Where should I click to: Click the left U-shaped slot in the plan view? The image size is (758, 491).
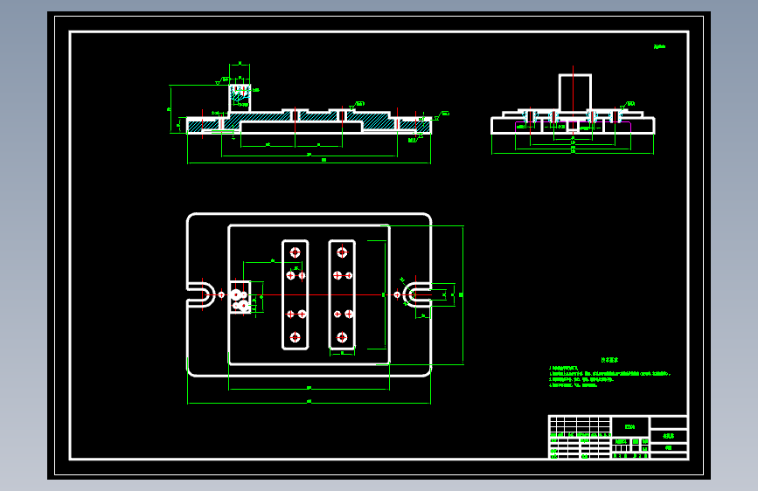coord(200,294)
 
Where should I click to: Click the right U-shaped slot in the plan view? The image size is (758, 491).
coord(418,294)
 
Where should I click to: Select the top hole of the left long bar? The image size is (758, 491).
coord(295,252)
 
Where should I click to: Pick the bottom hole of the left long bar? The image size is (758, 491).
coord(295,336)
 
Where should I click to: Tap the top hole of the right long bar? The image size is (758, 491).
coord(341,252)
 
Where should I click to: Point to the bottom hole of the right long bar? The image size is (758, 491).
coord(341,336)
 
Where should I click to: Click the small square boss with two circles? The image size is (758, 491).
coord(240,297)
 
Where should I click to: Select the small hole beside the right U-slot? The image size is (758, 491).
coord(398,294)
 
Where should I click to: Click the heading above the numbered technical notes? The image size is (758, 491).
coord(608,359)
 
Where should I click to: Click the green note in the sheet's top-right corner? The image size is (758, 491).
coord(658,46)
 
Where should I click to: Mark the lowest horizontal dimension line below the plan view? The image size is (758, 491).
coord(309,404)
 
